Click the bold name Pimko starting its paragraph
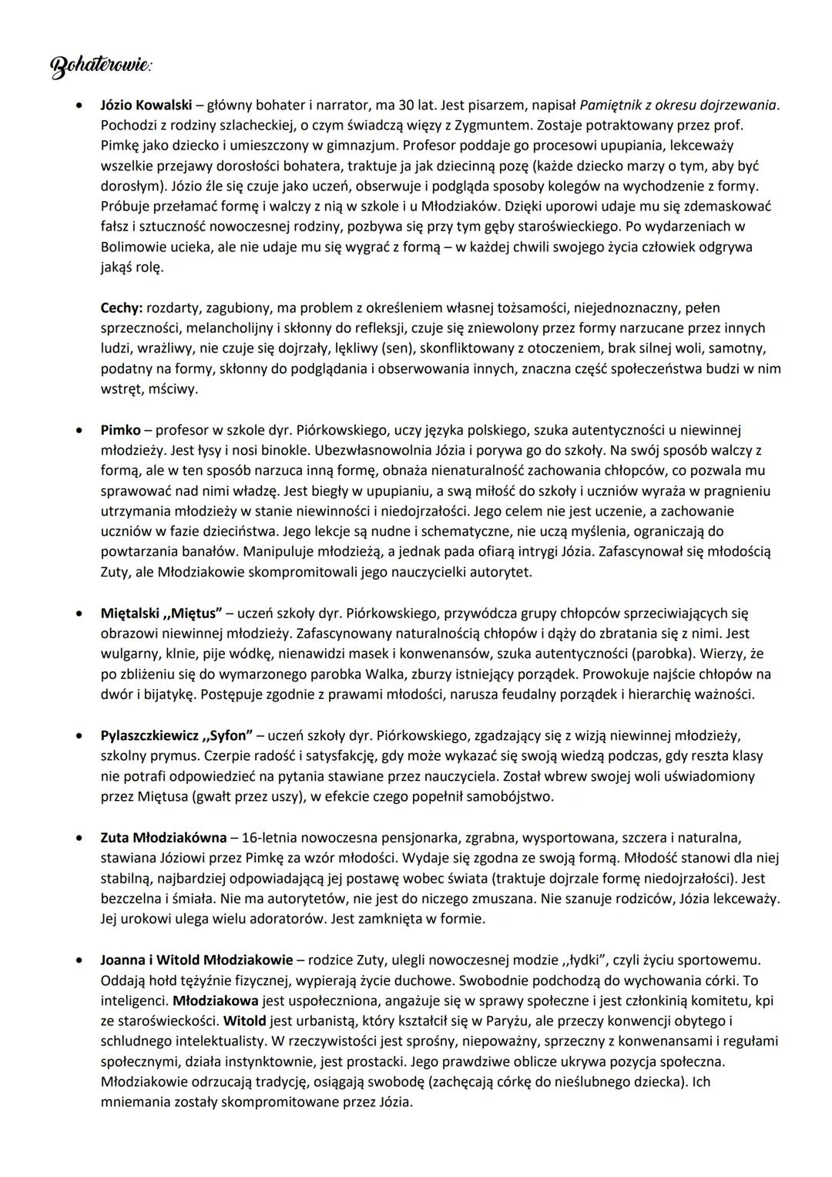(x=120, y=430)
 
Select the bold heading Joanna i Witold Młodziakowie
(x=196, y=960)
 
